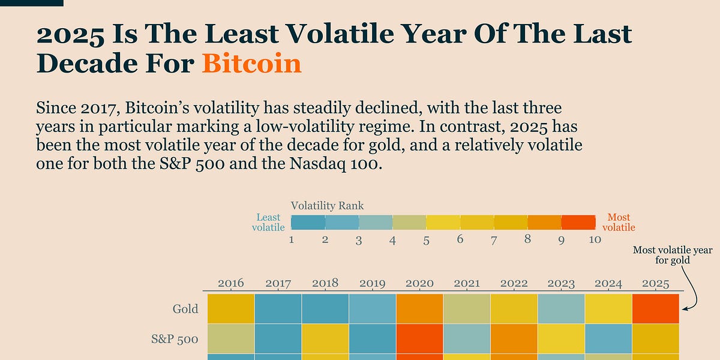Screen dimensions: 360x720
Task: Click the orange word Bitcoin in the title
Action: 251,62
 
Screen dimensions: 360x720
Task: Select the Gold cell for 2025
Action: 656,308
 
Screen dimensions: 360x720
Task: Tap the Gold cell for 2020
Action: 419,308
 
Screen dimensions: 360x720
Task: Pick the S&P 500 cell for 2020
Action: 419,338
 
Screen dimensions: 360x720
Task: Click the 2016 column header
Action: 230,283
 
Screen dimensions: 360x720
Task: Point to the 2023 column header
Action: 561,283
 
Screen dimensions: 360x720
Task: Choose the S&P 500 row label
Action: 175,339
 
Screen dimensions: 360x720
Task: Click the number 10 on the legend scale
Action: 595,239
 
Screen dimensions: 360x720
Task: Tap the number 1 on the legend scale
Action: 292,239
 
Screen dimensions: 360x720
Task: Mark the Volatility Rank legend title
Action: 327,206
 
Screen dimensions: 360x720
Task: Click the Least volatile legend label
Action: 268,222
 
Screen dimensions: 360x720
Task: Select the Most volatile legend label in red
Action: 619,222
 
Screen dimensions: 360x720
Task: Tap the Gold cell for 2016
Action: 230,308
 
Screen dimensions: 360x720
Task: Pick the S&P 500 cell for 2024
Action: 608,338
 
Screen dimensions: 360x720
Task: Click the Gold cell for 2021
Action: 467,308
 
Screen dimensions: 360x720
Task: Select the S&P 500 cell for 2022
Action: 514,338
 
